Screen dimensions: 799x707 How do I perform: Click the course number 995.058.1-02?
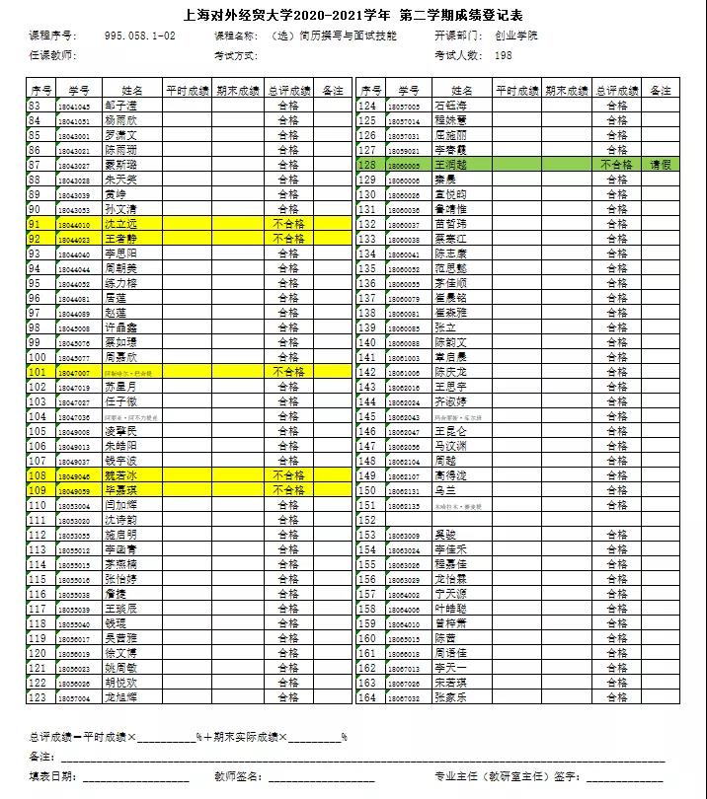tap(140, 36)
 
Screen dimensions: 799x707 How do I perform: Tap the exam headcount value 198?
tap(504, 55)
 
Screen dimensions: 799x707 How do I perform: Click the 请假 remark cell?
tap(661, 165)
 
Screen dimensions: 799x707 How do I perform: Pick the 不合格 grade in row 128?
tap(616, 165)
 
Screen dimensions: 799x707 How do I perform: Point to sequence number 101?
tap(39, 372)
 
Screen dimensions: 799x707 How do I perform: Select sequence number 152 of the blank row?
tap(368, 520)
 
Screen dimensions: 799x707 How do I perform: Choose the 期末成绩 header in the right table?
tap(568, 91)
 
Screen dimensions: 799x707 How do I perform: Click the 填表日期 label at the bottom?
tap(52, 776)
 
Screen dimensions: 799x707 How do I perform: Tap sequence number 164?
tap(368, 697)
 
